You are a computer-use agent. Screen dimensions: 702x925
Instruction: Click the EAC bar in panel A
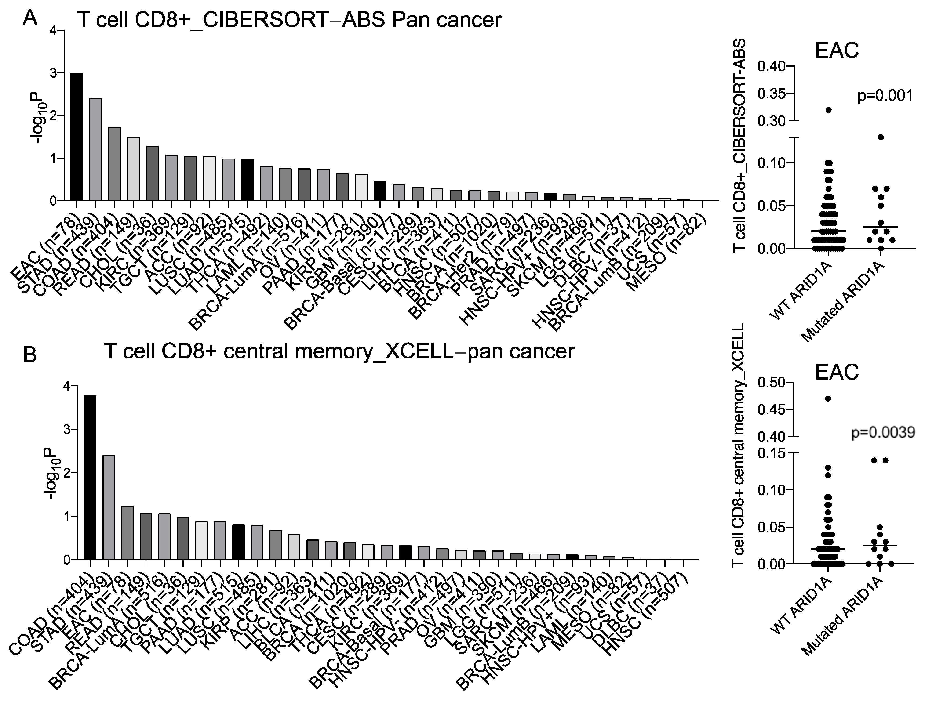76,137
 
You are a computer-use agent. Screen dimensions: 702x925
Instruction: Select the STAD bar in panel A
96,150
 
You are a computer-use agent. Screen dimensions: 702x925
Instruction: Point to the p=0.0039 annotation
882,433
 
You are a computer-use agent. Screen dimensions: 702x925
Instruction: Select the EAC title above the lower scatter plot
836,371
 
